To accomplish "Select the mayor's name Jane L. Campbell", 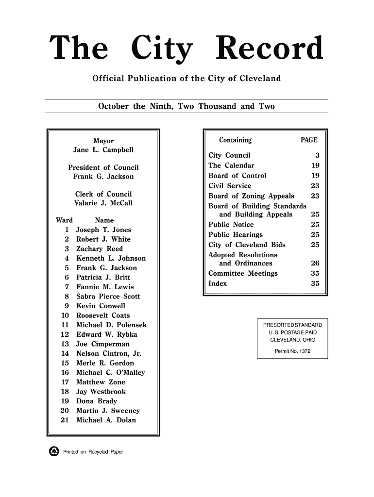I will coord(103,149).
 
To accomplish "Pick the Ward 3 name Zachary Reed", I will coord(100,248).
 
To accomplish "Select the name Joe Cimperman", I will coord(102,344).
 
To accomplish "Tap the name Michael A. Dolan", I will coord(106,420).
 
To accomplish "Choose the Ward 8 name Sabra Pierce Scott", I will coord(108,297).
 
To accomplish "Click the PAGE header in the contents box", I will coord(309,141).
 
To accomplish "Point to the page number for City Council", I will coord(317,156).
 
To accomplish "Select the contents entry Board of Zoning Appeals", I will coord(251,196).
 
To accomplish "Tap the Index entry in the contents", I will coord(217,283).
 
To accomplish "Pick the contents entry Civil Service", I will coord(230,186).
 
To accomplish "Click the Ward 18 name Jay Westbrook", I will coord(101,392).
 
